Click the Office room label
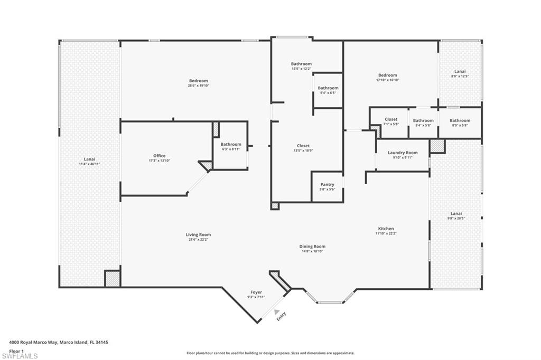click(159, 156)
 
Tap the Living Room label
click(198, 235)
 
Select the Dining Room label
click(312, 247)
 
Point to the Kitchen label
click(386, 229)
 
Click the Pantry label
click(327, 185)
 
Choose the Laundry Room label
click(403, 153)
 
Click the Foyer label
click(256, 292)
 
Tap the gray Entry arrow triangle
click(276, 312)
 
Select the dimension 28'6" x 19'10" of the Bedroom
click(198, 86)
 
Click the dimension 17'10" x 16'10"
click(387, 80)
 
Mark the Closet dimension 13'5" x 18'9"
click(303, 150)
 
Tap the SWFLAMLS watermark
click(20, 356)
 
